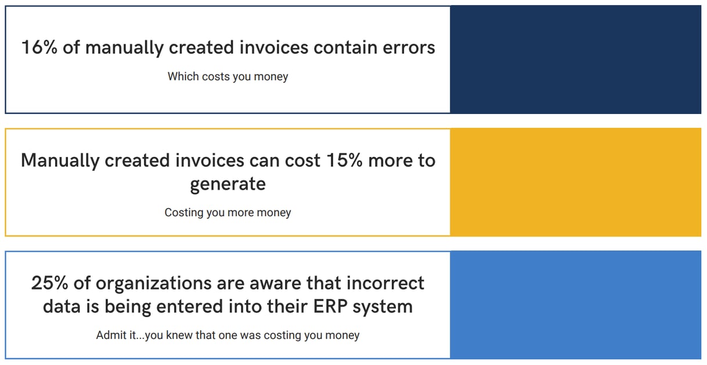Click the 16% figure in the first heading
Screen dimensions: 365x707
(x=39, y=47)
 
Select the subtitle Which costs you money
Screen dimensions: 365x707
(x=228, y=76)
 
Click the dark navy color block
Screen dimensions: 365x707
(x=575, y=59)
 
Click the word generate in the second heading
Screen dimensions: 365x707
(x=228, y=185)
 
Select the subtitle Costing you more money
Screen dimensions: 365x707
(x=228, y=212)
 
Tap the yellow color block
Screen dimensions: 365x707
(x=575, y=182)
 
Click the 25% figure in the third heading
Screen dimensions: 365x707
(x=49, y=283)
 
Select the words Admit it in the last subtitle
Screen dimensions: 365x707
(x=110, y=335)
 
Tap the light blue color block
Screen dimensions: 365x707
(x=575, y=305)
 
